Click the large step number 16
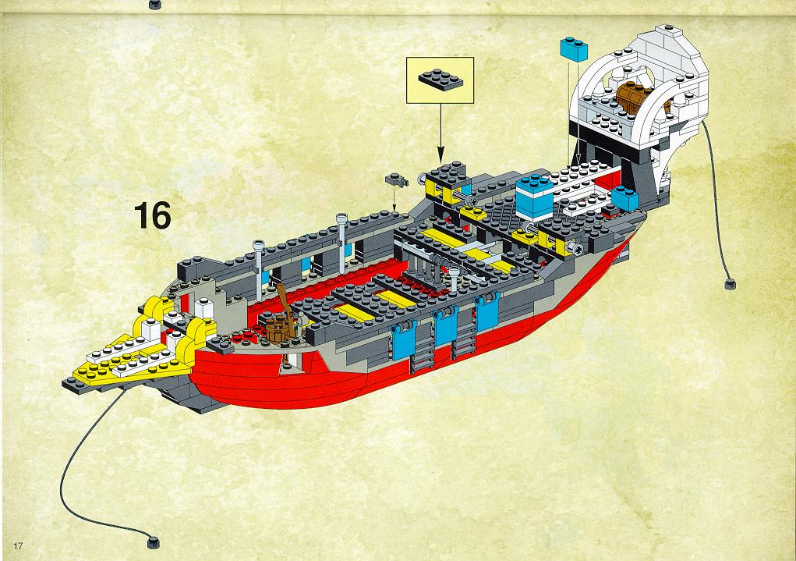coord(153,215)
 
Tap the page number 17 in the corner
coord(18,545)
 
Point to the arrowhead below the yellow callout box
coord(440,153)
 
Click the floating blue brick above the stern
coord(574,49)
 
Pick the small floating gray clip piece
coord(397,179)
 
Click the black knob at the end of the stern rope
coord(730,283)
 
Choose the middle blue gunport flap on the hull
coord(445,325)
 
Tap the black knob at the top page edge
coord(155,5)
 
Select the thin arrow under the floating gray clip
coord(394,199)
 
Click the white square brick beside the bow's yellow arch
coord(204,307)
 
